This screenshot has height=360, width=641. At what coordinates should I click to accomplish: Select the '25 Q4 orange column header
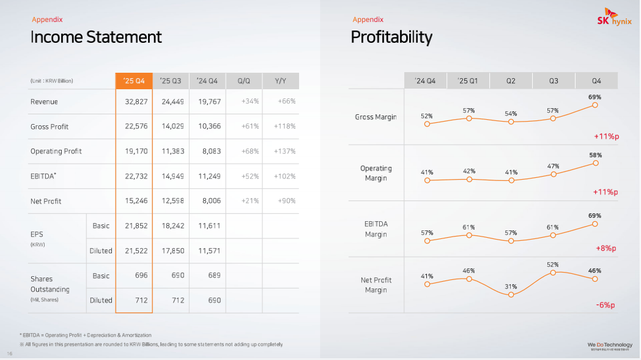pyautogui.click(x=134, y=81)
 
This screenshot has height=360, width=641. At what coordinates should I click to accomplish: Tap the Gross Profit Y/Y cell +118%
pyautogui.click(x=285, y=127)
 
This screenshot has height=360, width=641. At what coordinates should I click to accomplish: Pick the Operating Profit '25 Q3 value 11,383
pyautogui.click(x=172, y=152)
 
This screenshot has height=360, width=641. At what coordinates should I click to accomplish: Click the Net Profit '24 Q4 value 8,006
pyautogui.click(x=209, y=201)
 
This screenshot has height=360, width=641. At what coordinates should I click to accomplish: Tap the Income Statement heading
pyautogui.click(x=96, y=37)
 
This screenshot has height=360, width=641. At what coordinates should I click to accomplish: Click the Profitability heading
pyautogui.click(x=391, y=37)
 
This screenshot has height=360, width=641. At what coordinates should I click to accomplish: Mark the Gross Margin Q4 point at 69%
pyautogui.click(x=595, y=105)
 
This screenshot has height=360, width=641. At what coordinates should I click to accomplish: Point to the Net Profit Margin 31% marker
pyautogui.click(x=511, y=295)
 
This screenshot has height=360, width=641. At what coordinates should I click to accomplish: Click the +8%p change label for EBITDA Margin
pyautogui.click(x=606, y=249)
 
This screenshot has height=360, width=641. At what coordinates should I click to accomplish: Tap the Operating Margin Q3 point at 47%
pyautogui.click(x=553, y=174)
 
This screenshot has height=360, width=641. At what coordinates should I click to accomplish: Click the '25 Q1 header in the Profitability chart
pyautogui.click(x=469, y=81)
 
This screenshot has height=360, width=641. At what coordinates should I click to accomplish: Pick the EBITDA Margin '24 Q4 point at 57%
pyautogui.click(x=427, y=241)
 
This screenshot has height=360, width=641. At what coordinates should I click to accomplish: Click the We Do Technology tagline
pyautogui.click(x=610, y=345)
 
